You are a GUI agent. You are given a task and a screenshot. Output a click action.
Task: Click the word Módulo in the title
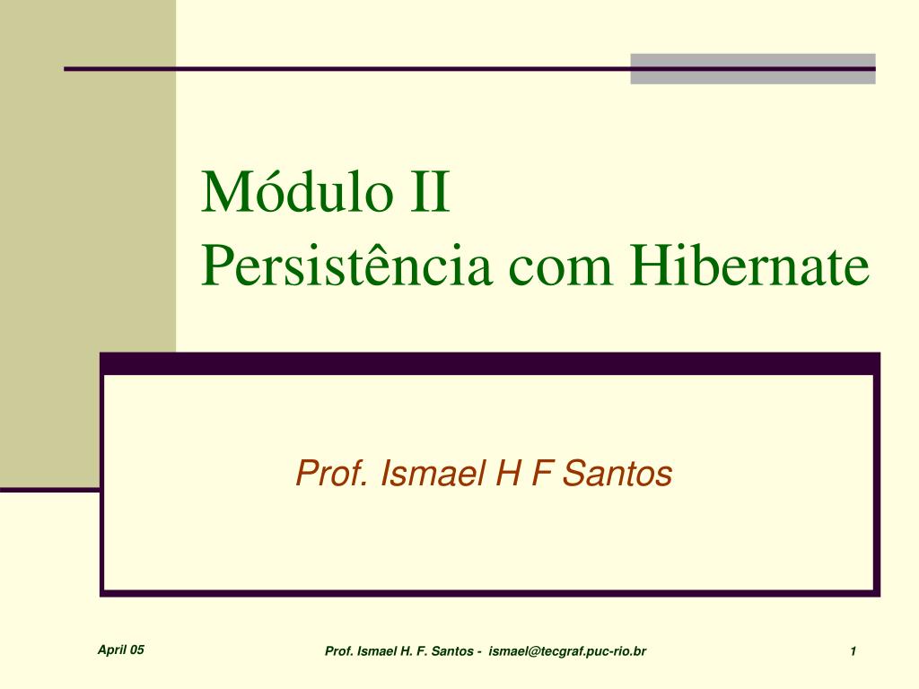pyautogui.click(x=297, y=191)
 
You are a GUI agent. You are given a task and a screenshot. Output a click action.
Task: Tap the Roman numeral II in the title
pyautogui.click(x=430, y=192)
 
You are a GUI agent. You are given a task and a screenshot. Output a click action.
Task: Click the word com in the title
pyautogui.click(x=560, y=270)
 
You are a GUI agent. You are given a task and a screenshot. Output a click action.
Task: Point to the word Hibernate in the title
pyautogui.click(x=749, y=264)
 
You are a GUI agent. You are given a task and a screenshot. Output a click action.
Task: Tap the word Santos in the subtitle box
pyautogui.click(x=617, y=473)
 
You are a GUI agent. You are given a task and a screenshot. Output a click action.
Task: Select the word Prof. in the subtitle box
pyautogui.click(x=332, y=473)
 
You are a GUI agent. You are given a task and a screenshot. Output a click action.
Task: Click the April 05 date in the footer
pyautogui.click(x=121, y=650)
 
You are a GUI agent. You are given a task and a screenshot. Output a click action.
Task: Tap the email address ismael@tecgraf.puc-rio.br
pyautogui.click(x=567, y=651)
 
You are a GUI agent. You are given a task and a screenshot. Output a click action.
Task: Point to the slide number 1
pyautogui.click(x=853, y=651)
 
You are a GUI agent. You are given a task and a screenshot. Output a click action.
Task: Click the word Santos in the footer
pyautogui.click(x=452, y=651)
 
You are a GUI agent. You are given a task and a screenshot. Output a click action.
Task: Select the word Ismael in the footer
pyautogui.click(x=376, y=651)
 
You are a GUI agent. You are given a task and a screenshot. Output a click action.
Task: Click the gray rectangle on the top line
pyautogui.click(x=753, y=69)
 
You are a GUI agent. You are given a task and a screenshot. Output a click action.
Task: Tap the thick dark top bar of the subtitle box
pyautogui.click(x=490, y=364)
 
